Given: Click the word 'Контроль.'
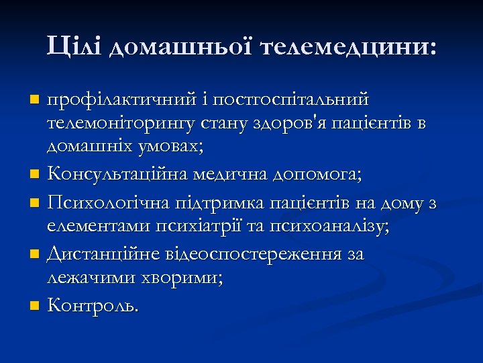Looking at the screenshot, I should pos(93,307).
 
